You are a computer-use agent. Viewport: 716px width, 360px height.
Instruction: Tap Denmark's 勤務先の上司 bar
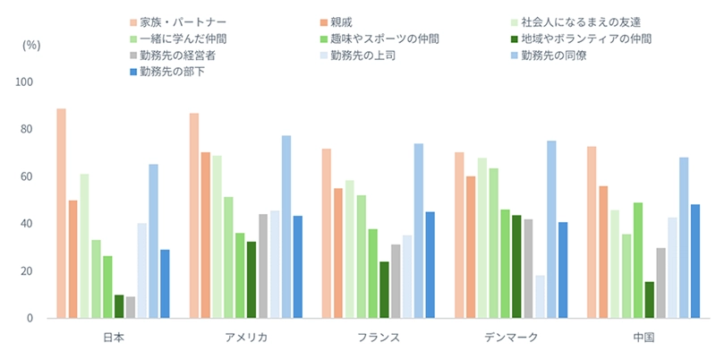click(540, 296)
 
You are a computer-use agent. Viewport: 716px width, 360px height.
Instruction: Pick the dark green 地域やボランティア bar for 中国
click(649, 300)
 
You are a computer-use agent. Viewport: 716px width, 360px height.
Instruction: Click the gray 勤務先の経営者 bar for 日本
click(131, 307)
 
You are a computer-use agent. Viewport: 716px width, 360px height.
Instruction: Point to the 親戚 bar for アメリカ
click(206, 235)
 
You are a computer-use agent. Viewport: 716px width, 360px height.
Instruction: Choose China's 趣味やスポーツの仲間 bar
click(637, 260)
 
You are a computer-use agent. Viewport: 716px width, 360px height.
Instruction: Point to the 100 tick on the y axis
click(23, 82)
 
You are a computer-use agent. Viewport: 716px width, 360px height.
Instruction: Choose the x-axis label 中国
click(643, 339)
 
